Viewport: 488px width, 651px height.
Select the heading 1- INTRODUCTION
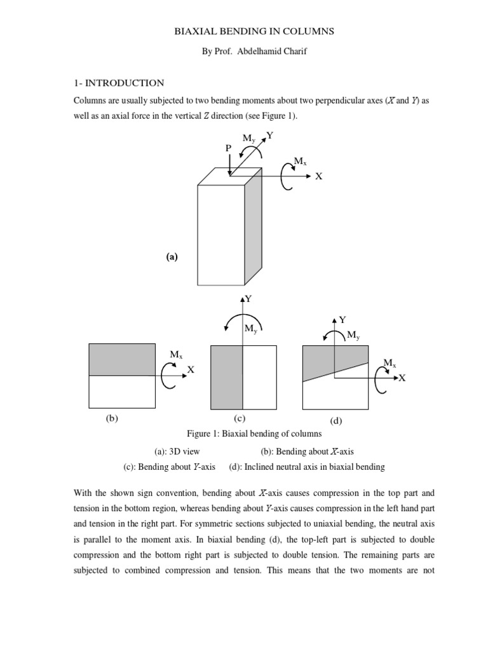pyautogui.click(x=119, y=83)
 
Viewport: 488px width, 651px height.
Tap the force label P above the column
pyautogui.click(x=229, y=147)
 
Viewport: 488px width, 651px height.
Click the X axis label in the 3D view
pyautogui.click(x=319, y=177)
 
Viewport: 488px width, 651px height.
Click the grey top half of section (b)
pyautogui.click(x=121, y=360)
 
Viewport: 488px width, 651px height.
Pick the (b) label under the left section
pyautogui.click(x=112, y=418)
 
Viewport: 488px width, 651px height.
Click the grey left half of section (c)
pyautogui.click(x=226, y=377)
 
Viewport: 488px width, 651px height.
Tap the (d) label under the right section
pyautogui.click(x=336, y=420)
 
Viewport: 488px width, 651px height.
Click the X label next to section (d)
pyautogui.click(x=402, y=378)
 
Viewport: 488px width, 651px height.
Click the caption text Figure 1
pyautogui.click(x=203, y=434)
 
